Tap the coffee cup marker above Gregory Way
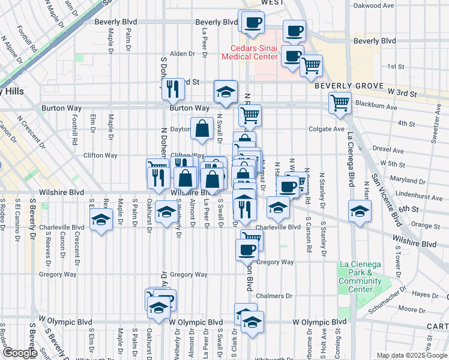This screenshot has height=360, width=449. pyautogui.click(x=246, y=250)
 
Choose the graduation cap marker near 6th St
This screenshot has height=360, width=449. pyautogui.click(x=360, y=211)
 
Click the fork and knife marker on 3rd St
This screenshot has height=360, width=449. pyautogui.click(x=173, y=89)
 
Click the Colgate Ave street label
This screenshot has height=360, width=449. pyautogui.click(x=327, y=128)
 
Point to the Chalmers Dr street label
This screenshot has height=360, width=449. pyautogui.click(x=274, y=296)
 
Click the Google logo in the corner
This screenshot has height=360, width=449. pyautogui.click(x=20, y=353)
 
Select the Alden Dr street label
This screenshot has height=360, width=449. pyautogui.click(x=182, y=53)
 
